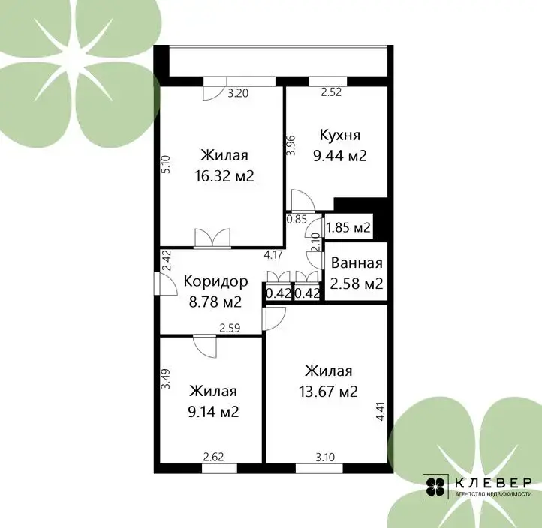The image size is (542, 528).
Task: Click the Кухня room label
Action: coord(340,135)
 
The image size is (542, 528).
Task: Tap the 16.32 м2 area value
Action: coord(224,176)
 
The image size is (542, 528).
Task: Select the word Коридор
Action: coord(215,282)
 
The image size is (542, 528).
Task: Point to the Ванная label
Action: coord(357,263)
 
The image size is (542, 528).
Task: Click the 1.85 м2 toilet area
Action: coord(348,227)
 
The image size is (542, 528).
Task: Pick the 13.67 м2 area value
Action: coord(328,391)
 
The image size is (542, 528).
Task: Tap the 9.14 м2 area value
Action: coord(213,412)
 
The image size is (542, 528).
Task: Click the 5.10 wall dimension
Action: coord(166,164)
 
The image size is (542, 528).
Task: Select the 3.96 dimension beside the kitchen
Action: coord(291,145)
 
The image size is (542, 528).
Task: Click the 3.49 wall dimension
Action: coord(166,379)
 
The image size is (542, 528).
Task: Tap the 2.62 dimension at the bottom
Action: coord(213,457)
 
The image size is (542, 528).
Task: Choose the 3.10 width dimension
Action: coord(325,457)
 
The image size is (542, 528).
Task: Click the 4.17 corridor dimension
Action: coord(273,255)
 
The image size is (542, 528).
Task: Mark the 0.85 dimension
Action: coord(297,219)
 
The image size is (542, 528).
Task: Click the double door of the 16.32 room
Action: coord(212,238)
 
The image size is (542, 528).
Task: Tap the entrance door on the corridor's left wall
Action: coord(166,283)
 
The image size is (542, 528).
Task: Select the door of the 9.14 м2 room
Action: coord(205,346)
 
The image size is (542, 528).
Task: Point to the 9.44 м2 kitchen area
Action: coord(340,156)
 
